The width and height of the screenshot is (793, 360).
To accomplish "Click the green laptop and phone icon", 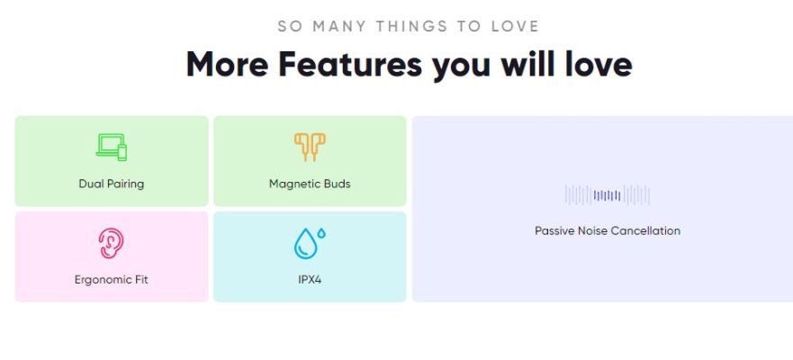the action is [112, 147].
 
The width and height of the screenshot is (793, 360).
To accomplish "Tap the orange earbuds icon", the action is [310, 147].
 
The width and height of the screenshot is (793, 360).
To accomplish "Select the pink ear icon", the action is [112, 243].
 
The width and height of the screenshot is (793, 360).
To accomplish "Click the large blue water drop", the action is [305, 244].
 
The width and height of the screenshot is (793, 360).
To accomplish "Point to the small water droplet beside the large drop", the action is [321, 233].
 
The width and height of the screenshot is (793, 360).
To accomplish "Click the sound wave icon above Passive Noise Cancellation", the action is [608, 195].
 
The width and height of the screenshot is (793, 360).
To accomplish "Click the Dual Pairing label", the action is [112, 184].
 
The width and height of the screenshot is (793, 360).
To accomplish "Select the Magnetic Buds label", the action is [310, 184].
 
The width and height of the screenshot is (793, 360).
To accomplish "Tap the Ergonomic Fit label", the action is [112, 280].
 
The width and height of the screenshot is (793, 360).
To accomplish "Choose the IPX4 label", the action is [310, 280].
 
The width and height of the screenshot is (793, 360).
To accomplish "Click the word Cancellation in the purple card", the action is [644, 231].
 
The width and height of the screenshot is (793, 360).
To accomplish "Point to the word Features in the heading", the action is [349, 64].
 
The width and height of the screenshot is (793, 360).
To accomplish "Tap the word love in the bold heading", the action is [599, 64].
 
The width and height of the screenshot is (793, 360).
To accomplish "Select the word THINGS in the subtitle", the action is [411, 26].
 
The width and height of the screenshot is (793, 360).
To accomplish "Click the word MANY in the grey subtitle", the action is [338, 26].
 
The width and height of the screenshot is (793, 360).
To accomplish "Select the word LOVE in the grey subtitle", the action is [516, 26].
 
